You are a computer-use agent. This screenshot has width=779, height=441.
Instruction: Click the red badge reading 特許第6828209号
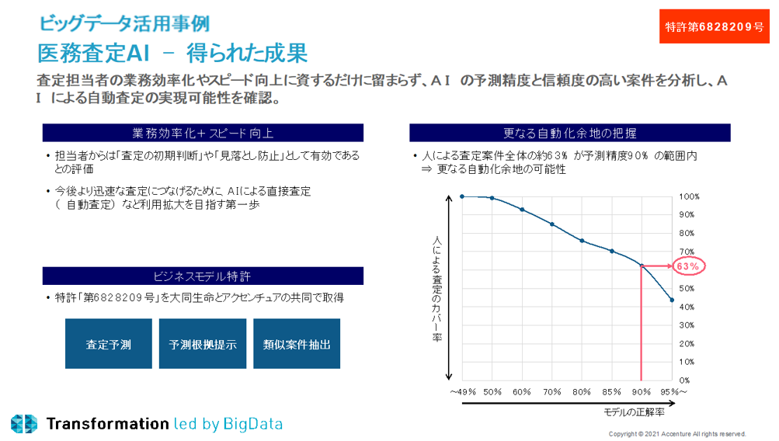[715, 26]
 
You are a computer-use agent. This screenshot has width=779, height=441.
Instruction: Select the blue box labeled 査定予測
[108, 344]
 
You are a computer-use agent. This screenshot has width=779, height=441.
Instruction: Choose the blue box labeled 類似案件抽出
[297, 344]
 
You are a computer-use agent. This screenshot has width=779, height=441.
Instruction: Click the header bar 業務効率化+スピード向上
[203, 133]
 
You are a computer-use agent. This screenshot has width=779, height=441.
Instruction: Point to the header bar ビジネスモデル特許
[203, 276]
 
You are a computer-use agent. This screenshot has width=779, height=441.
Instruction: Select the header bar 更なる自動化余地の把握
[570, 133]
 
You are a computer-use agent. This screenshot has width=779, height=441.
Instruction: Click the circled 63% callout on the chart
[688, 266]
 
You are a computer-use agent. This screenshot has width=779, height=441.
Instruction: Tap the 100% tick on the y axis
[689, 196]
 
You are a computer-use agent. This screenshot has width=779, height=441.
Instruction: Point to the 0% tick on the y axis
[685, 380]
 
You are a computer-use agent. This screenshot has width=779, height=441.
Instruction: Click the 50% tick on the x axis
[492, 392]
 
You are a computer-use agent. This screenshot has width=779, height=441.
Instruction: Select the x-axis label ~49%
[462, 392]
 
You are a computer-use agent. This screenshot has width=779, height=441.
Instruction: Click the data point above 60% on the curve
[522, 210]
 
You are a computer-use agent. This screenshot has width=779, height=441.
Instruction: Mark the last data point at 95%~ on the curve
[672, 300]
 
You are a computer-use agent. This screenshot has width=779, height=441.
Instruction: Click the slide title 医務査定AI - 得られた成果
[172, 53]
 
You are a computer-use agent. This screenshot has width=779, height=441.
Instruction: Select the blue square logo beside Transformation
[24, 423]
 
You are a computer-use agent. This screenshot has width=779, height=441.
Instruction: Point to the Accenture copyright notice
[677, 434]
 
